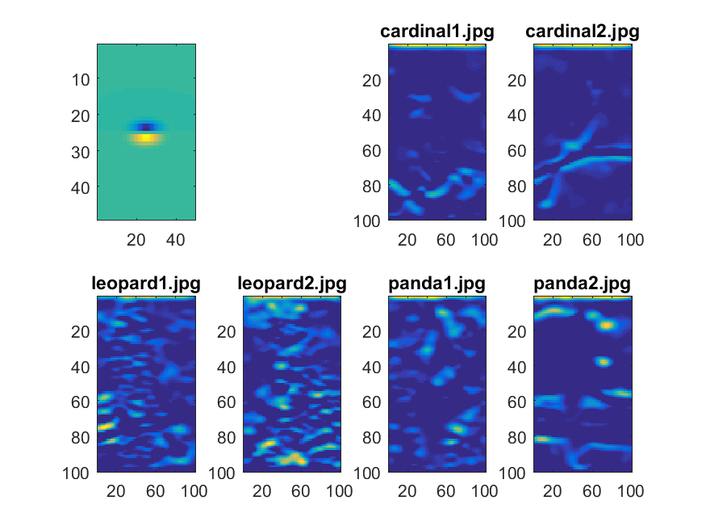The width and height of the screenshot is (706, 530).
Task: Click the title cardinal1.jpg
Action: (x=437, y=32)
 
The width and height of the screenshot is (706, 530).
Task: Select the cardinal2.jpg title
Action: (x=582, y=32)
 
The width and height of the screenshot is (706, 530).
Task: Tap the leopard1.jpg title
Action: (x=146, y=284)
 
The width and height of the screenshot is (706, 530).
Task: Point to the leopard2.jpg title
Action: (x=291, y=284)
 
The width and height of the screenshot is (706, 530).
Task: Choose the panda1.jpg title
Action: (x=437, y=284)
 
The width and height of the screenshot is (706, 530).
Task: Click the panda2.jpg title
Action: (x=582, y=284)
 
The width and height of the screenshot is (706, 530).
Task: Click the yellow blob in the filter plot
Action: (x=145, y=138)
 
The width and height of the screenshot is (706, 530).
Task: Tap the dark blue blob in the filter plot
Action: (x=145, y=127)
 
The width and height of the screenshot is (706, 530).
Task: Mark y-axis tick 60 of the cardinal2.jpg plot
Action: (x=517, y=150)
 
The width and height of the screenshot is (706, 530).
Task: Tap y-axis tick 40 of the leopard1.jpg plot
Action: (x=81, y=367)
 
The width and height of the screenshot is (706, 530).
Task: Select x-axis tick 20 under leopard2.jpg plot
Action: (x=261, y=491)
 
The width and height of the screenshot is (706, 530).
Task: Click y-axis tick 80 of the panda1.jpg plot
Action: (x=372, y=437)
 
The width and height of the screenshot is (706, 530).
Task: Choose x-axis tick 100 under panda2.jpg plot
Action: (x=630, y=491)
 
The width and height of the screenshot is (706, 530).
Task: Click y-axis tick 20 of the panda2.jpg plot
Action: (x=517, y=331)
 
